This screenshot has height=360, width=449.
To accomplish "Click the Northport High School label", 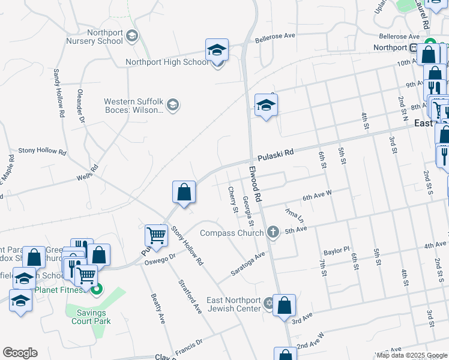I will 167,62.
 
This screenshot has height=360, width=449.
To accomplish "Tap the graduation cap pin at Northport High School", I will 217,50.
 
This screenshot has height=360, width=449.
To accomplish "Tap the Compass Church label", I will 231,233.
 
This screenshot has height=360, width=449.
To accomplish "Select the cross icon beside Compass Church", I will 273,232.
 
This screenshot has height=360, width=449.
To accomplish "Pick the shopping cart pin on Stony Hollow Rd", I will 156,236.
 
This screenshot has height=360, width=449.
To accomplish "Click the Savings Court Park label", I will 91,317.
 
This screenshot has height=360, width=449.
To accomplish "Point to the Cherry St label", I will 233,199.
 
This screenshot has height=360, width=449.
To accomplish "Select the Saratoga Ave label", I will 249,264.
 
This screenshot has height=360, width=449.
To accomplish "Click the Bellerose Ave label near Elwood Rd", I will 275,37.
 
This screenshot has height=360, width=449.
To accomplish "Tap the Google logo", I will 20,353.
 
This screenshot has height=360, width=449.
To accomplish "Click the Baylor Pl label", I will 336,250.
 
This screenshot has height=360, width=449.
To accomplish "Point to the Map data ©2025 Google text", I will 412,355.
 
